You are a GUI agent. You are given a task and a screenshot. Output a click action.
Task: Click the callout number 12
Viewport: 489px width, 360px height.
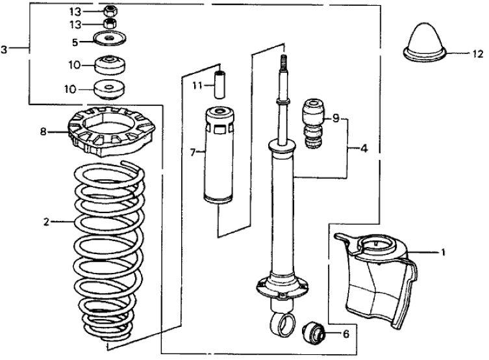[478, 53]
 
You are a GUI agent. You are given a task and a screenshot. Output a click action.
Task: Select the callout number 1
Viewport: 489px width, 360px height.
[443, 251]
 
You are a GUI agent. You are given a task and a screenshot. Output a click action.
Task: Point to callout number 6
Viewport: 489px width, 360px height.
[345, 334]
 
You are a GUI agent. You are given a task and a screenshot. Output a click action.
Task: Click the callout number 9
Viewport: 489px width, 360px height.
[335, 118]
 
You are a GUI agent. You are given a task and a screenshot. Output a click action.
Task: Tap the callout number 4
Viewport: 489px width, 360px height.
[364, 148]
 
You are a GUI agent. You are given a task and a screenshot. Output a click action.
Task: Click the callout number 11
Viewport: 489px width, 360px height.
[194, 85]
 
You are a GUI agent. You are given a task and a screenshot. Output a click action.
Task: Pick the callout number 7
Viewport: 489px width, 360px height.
[192, 153]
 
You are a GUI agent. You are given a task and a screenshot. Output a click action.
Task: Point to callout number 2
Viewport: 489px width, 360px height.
[46, 222]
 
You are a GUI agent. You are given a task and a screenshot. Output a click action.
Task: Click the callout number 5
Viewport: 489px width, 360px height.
[75, 42]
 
